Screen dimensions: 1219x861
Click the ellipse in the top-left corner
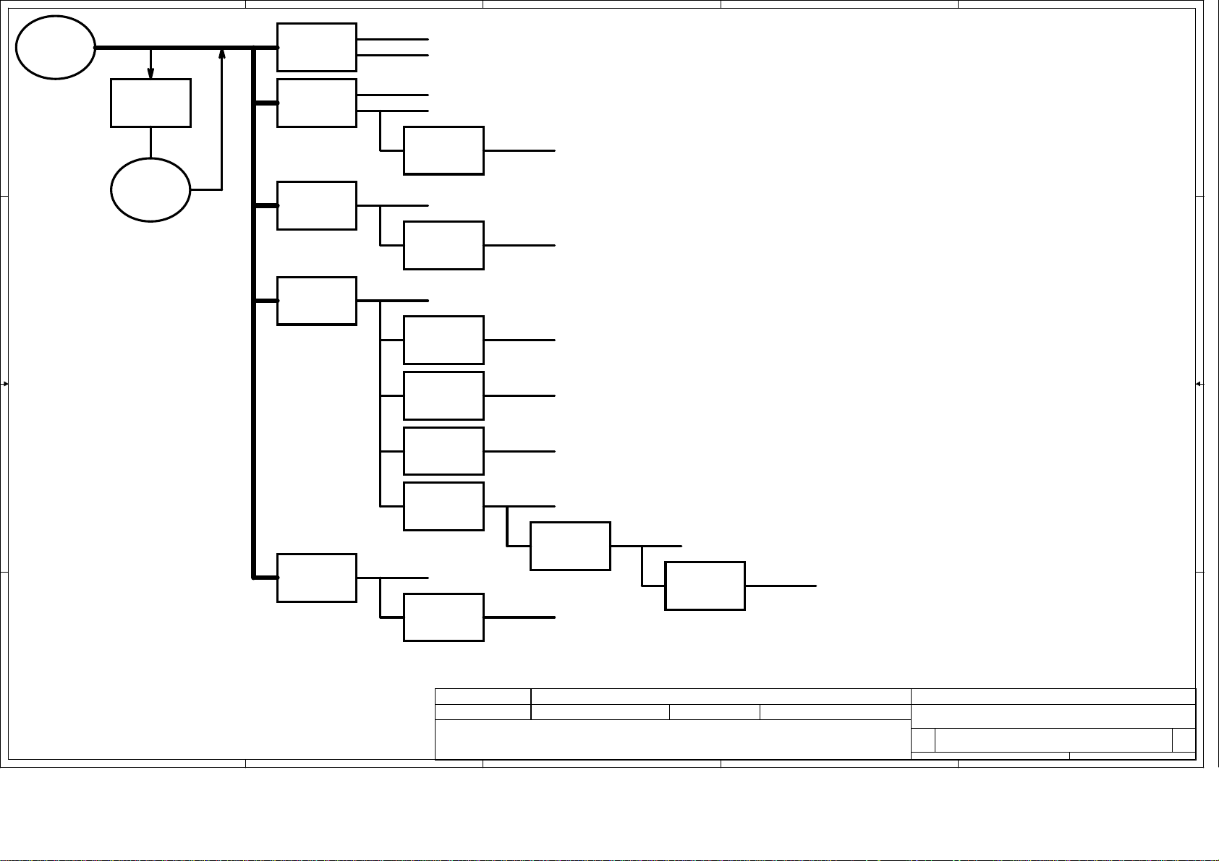click(56, 47)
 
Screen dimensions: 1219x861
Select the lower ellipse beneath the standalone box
click(150, 189)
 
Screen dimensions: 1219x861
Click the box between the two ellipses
click(150, 103)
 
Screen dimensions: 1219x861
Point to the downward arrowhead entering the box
click(150, 74)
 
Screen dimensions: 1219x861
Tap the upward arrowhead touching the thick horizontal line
click(221, 54)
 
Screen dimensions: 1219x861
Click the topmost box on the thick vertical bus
click(317, 47)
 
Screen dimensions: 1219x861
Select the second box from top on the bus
click(317, 103)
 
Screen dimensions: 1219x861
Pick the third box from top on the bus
click(317, 206)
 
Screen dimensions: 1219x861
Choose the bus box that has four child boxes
click(317, 301)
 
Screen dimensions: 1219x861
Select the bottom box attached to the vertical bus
click(317, 578)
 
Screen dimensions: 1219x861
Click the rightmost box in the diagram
click(705, 586)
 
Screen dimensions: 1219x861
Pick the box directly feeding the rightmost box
click(570, 546)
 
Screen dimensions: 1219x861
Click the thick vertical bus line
click(255, 361)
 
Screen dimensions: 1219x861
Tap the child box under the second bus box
click(443, 150)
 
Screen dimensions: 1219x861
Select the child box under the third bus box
click(443, 246)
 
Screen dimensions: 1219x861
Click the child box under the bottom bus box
click(443, 617)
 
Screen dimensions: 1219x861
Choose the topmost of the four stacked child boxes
click(443, 340)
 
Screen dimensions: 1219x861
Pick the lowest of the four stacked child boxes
click(443, 506)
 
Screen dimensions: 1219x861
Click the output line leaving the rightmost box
click(781, 586)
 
